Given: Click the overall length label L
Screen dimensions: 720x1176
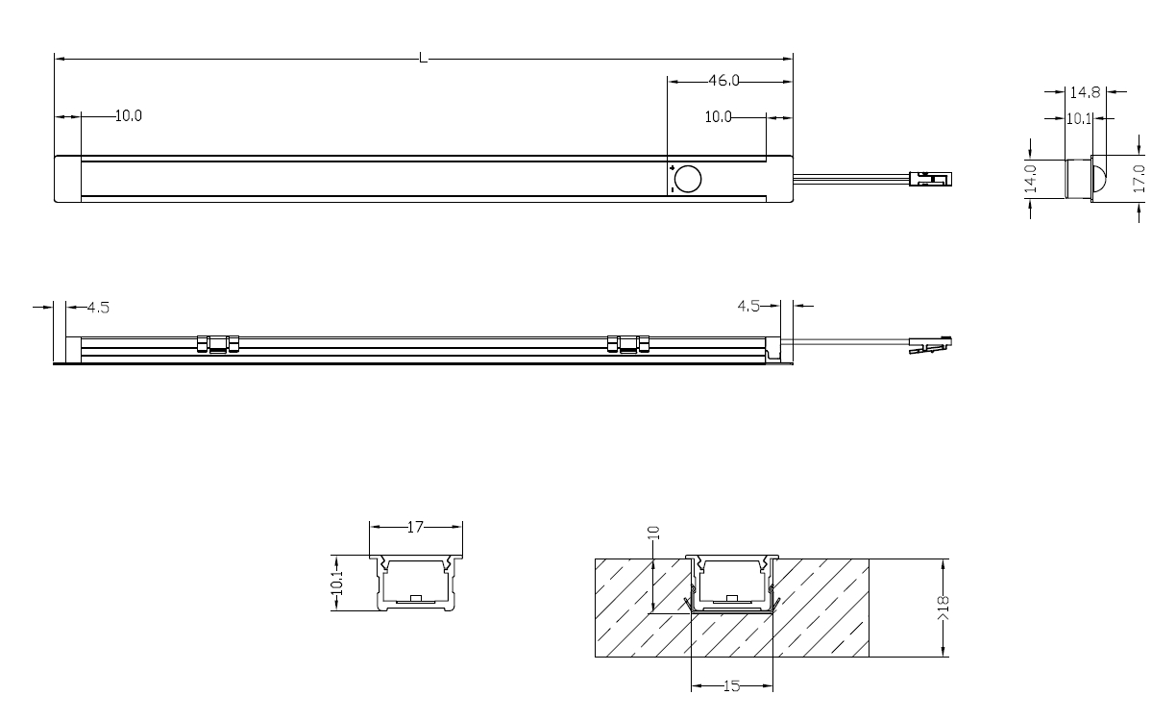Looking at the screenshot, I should pos(423,60).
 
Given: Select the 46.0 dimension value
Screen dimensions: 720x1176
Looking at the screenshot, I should pos(723,81).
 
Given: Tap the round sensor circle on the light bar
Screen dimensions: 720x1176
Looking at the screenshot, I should pos(688,179).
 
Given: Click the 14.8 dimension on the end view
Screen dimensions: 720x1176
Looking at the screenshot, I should pos(1085,93).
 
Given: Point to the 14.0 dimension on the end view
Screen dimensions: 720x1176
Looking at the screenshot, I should pos(1030,179).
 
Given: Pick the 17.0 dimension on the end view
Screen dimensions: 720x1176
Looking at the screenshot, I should pos(1139,180).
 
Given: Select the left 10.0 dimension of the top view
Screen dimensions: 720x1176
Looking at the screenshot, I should pos(129,116).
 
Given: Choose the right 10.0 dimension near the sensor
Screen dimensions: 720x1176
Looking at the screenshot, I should pos(719,116).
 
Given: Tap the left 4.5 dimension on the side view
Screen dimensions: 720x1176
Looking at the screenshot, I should pos(98,308).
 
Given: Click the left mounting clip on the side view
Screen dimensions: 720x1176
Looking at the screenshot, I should pos(218,343).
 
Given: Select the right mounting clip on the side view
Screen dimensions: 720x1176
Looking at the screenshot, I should pos(629,343).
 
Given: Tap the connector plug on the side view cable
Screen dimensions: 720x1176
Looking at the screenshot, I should pos(930,343).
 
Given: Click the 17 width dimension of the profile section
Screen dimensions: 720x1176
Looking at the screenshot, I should pos(416,527).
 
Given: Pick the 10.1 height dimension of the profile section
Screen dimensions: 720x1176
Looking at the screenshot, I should pos(336,583).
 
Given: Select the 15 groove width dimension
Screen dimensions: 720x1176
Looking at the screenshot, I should pos(731,685).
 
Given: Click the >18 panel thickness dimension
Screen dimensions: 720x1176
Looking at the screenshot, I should pos(947,608).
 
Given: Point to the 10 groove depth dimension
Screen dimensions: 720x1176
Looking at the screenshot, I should pos(651,534).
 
